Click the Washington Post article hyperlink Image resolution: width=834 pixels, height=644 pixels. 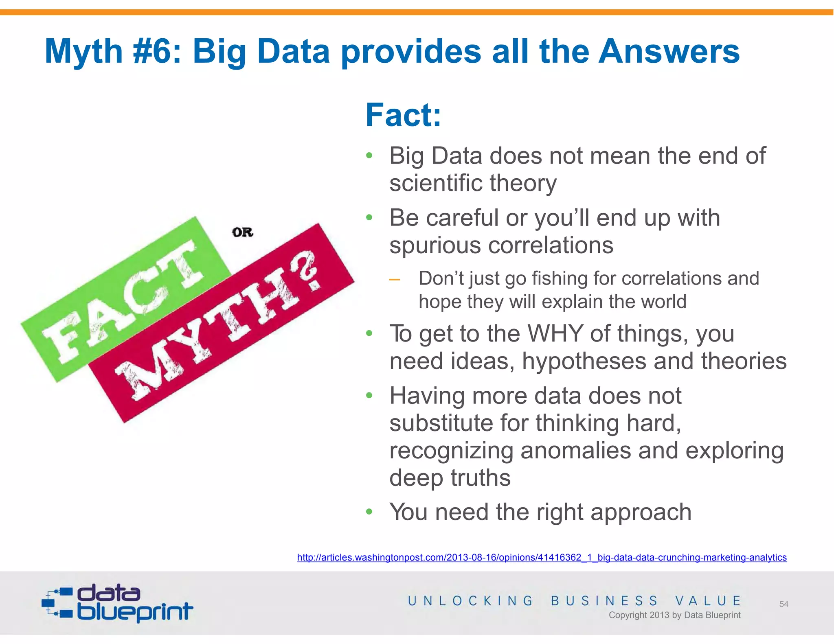click(542, 557)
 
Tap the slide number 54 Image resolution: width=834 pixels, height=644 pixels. click(784, 604)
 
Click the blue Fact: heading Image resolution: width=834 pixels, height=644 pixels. click(403, 115)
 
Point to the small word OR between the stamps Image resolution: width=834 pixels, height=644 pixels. click(243, 232)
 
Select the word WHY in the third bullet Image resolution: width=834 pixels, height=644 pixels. click(555, 333)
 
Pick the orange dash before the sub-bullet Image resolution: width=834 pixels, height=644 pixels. click(394, 279)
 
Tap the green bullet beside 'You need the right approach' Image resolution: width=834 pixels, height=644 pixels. click(369, 511)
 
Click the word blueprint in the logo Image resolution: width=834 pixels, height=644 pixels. click(135, 611)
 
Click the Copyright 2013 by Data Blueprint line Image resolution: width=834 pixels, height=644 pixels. click(674, 615)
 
